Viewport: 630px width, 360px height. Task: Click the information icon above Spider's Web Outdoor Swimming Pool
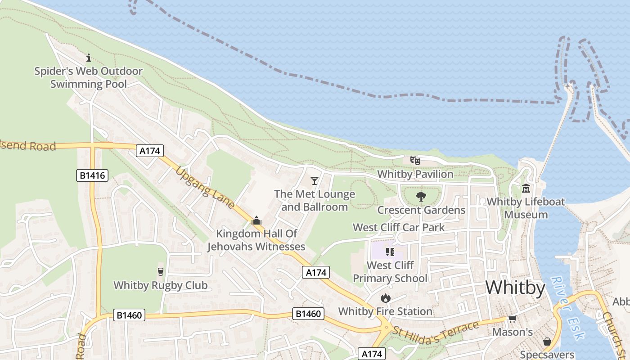(89, 58)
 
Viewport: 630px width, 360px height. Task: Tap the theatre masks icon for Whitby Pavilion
(415, 160)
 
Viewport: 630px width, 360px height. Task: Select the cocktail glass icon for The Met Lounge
(315, 180)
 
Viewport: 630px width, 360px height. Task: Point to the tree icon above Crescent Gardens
(421, 196)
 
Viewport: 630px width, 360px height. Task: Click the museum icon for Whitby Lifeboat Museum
(526, 188)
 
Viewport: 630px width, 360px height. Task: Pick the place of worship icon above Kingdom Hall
(256, 220)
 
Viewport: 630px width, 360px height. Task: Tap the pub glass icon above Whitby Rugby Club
(160, 271)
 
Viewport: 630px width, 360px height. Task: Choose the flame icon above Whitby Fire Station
(385, 297)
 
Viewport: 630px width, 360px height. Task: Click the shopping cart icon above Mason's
(512, 319)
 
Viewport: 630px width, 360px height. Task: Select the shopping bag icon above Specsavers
(547, 342)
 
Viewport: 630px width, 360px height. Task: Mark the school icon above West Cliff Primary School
(390, 252)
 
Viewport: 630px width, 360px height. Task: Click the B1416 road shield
(92, 175)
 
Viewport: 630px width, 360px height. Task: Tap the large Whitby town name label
(515, 287)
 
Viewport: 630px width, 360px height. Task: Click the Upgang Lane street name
(205, 188)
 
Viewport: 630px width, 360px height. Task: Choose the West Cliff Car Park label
(399, 227)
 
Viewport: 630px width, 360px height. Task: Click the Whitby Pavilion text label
(415, 174)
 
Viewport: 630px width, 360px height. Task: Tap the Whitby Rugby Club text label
(161, 285)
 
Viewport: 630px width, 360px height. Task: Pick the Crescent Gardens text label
(421, 210)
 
